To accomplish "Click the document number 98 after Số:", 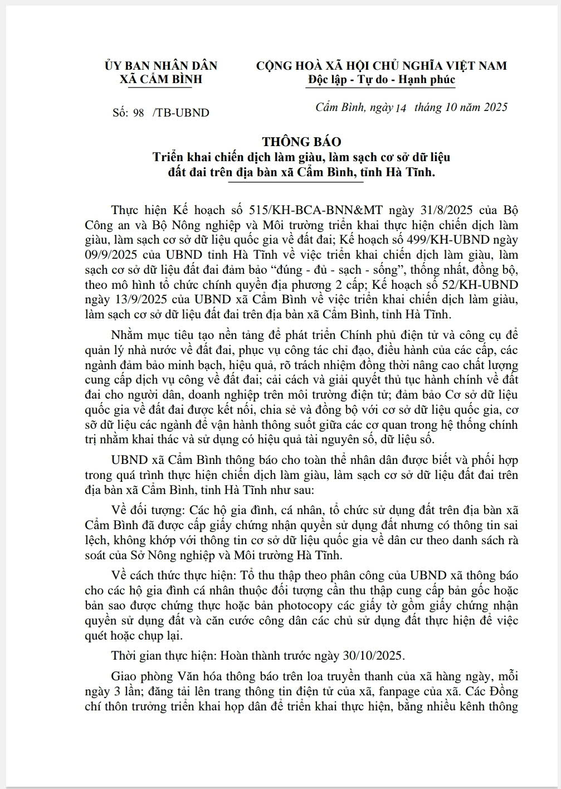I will [x=138, y=113].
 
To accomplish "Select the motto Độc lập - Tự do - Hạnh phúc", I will [x=381, y=80].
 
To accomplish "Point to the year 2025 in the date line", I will [x=492, y=107].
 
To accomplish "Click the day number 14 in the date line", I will [x=401, y=108].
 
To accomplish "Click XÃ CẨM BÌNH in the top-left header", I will [x=160, y=80].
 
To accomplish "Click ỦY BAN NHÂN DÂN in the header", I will [x=160, y=66].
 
